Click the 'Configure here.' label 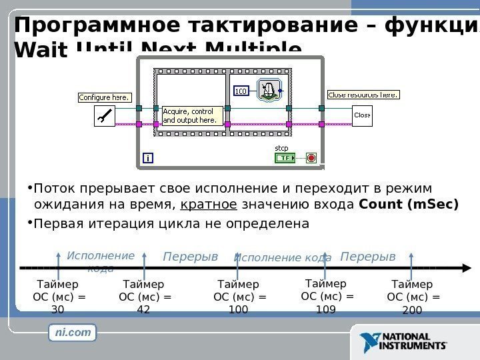(104, 97)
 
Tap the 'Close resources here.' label (363, 95)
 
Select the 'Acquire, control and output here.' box (190, 116)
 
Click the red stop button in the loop (311, 158)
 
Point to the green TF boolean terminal (285, 158)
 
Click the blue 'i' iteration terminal (147, 158)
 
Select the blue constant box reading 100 (241, 90)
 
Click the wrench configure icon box (105, 117)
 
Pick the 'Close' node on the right (362, 115)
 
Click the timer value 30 (58, 309)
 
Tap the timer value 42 (143, 309)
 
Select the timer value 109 (326, 309)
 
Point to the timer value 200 (413, 309)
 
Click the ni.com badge (73, 331)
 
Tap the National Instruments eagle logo (369, 341)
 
